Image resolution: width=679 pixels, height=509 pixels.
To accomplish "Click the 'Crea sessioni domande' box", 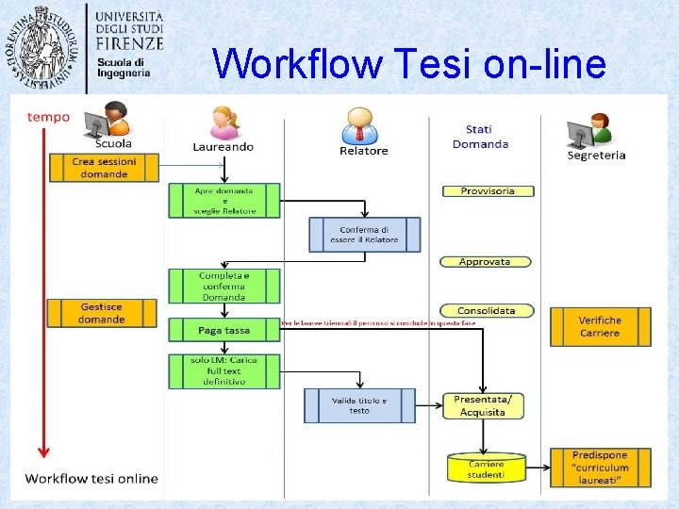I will pyautogui.click(x=104, y=168).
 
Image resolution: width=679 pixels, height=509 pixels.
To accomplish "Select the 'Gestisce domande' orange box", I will pyautogui.click(x=102, y=313).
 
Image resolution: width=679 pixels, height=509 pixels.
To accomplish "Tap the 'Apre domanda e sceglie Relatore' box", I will pyautogui.click(x=224, y=201).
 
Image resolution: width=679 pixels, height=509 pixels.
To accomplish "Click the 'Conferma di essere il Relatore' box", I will pyautogui.click(x=364, y=235).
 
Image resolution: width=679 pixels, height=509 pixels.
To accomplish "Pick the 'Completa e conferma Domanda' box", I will pyautogui.click(x=224, y=286).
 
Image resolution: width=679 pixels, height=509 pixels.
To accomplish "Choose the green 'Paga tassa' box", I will pyautogui.click(x=224, y=330).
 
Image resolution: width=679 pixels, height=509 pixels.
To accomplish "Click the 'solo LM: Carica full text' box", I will pyautogui.click(x=224, y=371).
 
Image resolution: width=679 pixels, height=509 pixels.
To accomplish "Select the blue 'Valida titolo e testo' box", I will pyautogui.click(x=359, y=405).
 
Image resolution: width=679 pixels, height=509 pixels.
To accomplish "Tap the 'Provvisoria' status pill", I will pyautogui.click(x=488, y=191).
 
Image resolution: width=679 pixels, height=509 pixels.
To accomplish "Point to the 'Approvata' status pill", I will pyautogui.click(x=485, y=262).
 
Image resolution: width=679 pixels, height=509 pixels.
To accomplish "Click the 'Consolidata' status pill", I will pyautogui.click(x=487, y=311).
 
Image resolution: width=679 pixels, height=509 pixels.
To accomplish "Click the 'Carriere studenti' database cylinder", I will pyautogui.click(x=485, y=468).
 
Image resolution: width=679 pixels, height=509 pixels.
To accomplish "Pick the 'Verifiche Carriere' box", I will pyautogui.click(x=601, y=326).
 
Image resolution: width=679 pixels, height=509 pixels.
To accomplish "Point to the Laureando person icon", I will pyautogui.click(x=224, y=121).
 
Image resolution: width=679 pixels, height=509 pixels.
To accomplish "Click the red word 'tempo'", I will pyautogui.click(x=48, y=117).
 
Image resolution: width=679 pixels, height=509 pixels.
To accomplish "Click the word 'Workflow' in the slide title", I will pyautogui.click(x=297, y=64).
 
